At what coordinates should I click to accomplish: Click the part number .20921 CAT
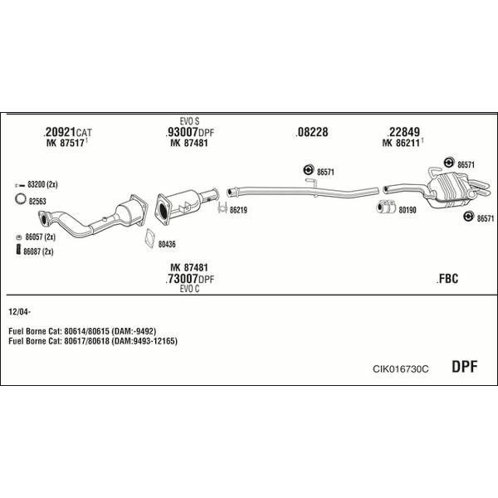pos(67,132)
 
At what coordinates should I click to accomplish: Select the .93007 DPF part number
pos(189,132)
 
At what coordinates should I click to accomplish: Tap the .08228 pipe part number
pos(311,132)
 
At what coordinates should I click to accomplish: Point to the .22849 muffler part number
pos(403,132)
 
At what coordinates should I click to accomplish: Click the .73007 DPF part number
pos(189,279)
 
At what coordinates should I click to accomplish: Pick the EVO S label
pos(189,121)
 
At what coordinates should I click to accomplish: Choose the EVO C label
pos(189,289)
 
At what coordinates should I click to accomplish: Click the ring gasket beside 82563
pos(21,199)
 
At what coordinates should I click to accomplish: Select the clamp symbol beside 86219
pos(222,207)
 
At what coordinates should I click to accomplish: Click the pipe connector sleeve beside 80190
pos(386,207)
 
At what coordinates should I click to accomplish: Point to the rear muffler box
pos(449,190)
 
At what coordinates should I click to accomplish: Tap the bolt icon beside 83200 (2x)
pos(20,185)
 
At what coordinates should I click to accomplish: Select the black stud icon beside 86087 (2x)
pos(18,249)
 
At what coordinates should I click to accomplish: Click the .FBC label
pos(447,279)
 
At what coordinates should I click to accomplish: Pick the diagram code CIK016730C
pos(401,369)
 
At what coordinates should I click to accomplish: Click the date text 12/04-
pos(20,312)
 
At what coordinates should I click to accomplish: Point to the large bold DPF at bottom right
pos(464,367)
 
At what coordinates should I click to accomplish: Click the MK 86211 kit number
pos(401,144)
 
